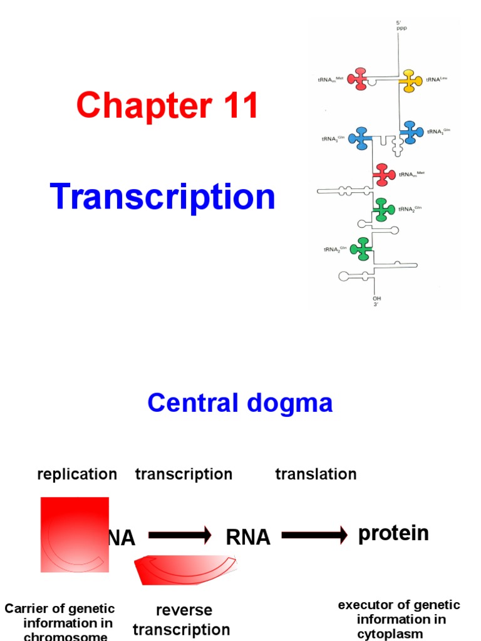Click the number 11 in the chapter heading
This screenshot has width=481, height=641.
pos(235,105)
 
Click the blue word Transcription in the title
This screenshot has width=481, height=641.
pos(163,197)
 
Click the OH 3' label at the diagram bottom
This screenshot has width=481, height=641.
pos(377,301)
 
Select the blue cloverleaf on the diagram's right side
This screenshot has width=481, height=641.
pos(411,132)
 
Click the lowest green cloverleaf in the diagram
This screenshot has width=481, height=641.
pos(361,249)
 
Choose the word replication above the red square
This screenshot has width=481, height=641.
pos(77,474)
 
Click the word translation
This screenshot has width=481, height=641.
pos(316,474)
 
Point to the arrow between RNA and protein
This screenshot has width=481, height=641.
pos(314,535)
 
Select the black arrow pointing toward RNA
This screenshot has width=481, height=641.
pos(180,535)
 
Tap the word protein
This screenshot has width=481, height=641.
pos(393,533)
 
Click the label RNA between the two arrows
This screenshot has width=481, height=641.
pos(248,537)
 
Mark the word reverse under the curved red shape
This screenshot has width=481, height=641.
pos(184,610)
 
